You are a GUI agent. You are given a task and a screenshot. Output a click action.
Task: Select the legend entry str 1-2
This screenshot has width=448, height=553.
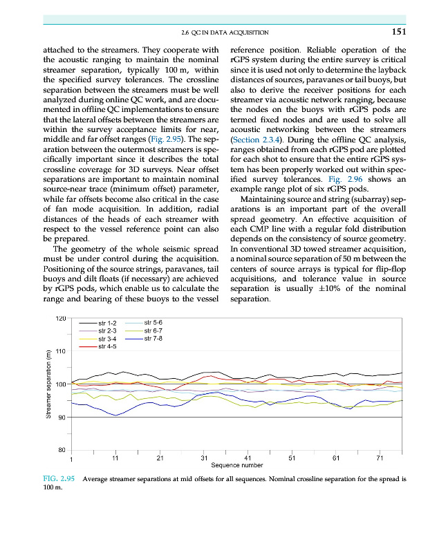point(109,324)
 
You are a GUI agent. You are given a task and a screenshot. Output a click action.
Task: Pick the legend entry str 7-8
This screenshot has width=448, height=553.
point(153,338)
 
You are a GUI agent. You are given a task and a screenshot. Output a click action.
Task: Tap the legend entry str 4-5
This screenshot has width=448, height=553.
point(109,346)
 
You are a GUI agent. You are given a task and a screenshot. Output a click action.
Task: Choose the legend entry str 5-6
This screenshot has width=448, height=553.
point(153,323)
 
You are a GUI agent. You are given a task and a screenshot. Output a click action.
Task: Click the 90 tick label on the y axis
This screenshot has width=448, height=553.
point(60,418)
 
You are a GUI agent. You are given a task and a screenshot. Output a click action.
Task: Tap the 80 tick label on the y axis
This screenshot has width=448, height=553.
point(60,451)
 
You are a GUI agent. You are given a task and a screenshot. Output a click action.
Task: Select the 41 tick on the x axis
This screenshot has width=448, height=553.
point(248,458)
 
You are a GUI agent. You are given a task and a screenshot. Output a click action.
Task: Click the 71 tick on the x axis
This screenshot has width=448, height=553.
point(380,458)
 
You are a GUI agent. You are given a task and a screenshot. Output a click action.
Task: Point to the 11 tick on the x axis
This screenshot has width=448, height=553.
point(115,458)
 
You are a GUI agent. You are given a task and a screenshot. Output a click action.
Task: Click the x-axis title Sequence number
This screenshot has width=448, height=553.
point(237,465)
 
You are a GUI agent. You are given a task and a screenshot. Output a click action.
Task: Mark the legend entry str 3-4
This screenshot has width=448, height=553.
point(109,339)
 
